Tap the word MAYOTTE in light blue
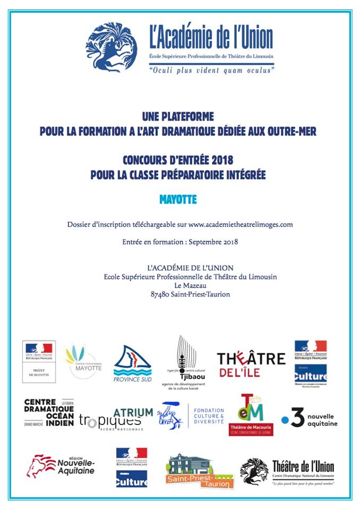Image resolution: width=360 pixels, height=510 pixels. (178, 200)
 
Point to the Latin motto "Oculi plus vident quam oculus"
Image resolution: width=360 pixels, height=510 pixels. (211, 70)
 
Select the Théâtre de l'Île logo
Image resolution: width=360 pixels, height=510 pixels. (251, 364)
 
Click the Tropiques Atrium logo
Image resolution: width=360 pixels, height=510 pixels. (116, 418)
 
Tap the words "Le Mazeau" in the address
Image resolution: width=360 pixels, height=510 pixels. (190, 285)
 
